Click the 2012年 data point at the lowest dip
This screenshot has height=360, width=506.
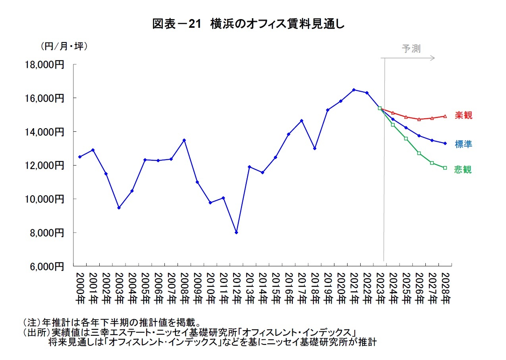236,232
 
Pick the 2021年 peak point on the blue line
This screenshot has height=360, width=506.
353,90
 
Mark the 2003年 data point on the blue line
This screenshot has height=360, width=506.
119,208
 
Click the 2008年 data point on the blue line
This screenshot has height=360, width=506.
184,140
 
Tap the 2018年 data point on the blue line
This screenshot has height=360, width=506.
315,148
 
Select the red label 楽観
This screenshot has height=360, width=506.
464,116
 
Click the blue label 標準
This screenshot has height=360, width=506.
464,144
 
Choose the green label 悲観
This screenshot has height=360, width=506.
464,169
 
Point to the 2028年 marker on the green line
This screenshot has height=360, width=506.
445,168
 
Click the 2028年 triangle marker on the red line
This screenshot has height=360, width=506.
445,116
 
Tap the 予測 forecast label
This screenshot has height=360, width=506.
411,49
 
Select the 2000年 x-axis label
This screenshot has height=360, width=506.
80,288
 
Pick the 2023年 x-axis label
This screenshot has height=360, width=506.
380,288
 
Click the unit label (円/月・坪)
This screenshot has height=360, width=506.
64,46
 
